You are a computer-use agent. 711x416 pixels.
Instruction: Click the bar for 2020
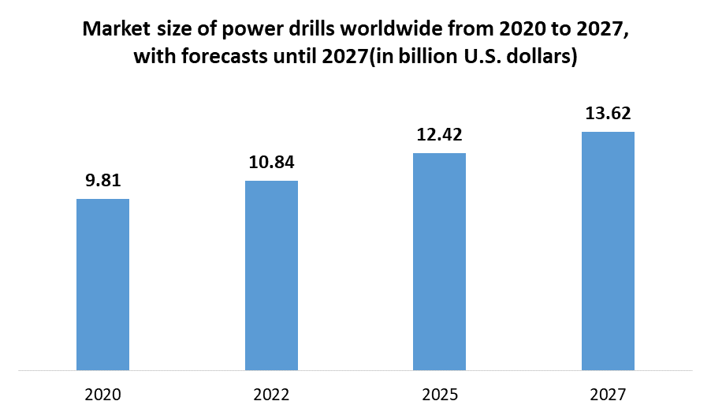click(x=102, y=284)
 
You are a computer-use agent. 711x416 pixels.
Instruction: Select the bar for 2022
click(x=271, y=275)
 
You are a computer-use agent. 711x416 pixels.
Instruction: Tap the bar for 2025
click(x=440, y=261)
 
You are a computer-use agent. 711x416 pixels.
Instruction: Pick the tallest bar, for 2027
click(x=608, y=250)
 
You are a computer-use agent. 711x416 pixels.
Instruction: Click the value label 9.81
click(x=102, y=181)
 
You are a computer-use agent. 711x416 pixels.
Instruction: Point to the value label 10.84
click(x=271, y=163)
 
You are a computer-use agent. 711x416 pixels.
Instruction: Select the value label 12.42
click(x=440, y=135)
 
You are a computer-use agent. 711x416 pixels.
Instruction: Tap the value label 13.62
click(x=608, y=114)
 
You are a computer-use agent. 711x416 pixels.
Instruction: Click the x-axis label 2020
click(x=102, y=394)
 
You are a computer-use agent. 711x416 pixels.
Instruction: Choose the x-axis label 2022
click(x=271, y=394)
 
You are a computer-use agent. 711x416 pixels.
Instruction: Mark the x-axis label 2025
click(x=440, y=394)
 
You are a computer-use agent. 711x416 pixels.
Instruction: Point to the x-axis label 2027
click(x=608, y=394)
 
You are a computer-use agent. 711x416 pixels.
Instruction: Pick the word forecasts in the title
click(x=218, y=58)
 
